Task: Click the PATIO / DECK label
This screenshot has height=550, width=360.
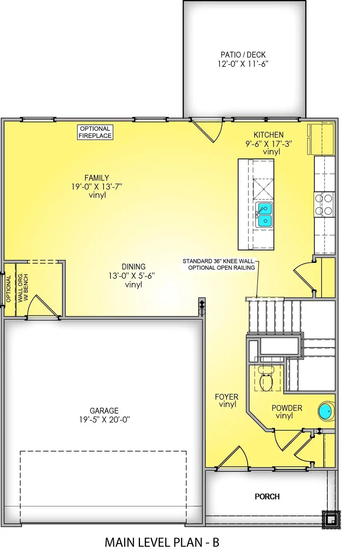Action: click(x=243, y=55)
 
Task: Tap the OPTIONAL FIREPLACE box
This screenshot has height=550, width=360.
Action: click(x=95, y=132)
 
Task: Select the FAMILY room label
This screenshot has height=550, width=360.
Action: click(x=96, y=178)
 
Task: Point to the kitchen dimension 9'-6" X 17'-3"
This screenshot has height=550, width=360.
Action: click(x=269, y=144)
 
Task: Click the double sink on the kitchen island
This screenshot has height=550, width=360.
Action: click(x=264, y=214)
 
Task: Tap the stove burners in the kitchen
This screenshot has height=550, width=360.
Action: click(x=324, y=204)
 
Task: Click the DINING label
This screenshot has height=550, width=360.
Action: click(x=134, y=267)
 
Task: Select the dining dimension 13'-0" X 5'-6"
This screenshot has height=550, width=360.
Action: click(x=132, y=276)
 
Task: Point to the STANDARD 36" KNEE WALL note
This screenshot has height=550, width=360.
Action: click(x=218, y=261)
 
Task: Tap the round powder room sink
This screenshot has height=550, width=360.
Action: click(x=326, y=411)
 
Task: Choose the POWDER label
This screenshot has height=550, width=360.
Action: click(x=287, y=408)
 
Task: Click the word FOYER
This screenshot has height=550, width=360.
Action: click(x=226, y=397)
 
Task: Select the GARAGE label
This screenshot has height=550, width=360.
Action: click(x=104, y=411)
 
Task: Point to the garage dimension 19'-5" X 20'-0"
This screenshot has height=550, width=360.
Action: click(x=104, y=420)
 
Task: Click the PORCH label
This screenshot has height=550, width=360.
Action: click(x=267, y=496)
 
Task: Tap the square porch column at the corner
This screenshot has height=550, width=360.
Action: click(x=331, y=520)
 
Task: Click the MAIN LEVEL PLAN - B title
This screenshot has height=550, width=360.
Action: click(x=162, y=542)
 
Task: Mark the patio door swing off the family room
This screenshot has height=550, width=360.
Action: click(x=208, y=130)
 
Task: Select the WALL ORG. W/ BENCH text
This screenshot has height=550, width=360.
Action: click(x=23, y=288)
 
